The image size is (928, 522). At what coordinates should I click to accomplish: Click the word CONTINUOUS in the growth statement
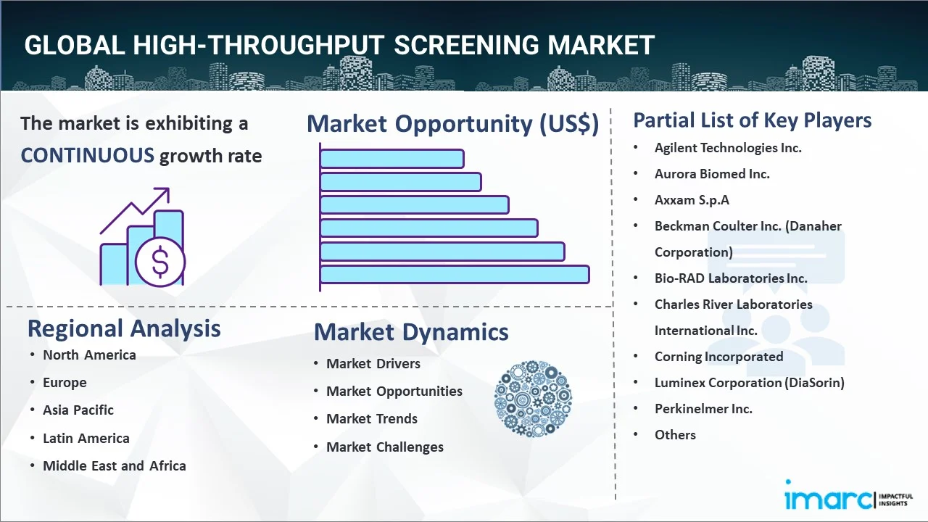click(x=87, y=155)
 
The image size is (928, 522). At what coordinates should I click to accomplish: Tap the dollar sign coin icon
click(x=160, y=262)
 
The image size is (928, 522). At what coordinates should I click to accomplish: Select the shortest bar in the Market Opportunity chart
click(x=391, y=159)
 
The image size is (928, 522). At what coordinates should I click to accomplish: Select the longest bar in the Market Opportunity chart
click(x=455, y=275)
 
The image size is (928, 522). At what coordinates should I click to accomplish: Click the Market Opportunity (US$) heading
click(x=452, y=124)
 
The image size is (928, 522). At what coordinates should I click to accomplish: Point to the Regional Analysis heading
click(x=124, y=328)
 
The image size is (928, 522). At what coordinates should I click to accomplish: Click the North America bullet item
click(x=89, y=355)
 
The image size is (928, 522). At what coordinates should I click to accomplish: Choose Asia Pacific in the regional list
click(x=78, y=410)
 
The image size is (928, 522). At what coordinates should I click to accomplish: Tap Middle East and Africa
click(x=114, y=466)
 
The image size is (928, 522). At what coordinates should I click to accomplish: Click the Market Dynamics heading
click(x=411, y=332)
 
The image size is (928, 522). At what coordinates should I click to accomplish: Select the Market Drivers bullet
click(x=373, y=364)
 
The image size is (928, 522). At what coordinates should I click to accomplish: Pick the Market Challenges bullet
click(x=384, y=447)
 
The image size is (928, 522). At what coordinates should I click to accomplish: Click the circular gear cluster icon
click(x=533, y=399)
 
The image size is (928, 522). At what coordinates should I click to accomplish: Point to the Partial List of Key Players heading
click(x=752, y=120)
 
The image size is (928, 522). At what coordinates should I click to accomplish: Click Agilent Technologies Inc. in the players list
click(x=727, y=148)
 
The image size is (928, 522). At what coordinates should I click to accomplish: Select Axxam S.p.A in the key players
click(x=691, y=200)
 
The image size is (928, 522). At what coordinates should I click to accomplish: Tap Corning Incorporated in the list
click(x=718, y=357)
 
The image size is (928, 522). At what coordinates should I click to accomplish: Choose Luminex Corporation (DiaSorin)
click(x=749, y=383)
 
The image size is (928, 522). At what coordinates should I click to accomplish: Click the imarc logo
click(x=829, y=498)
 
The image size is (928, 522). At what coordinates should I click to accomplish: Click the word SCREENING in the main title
click(x=467, y=45)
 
